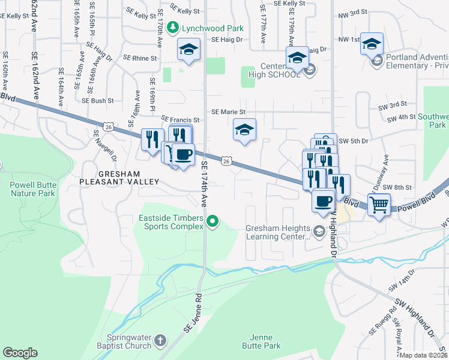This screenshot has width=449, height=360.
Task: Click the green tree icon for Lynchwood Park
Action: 173,27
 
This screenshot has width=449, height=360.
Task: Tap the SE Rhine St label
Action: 140,58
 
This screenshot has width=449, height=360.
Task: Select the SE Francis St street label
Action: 179,119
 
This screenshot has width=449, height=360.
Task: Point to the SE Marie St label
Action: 229,112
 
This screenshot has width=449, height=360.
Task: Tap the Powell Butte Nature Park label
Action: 32,189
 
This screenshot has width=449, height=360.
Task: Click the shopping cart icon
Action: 379,205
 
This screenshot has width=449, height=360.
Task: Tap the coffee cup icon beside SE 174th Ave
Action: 183,155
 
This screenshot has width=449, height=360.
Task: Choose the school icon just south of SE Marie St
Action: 244,130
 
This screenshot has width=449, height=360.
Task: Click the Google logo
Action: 20,353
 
